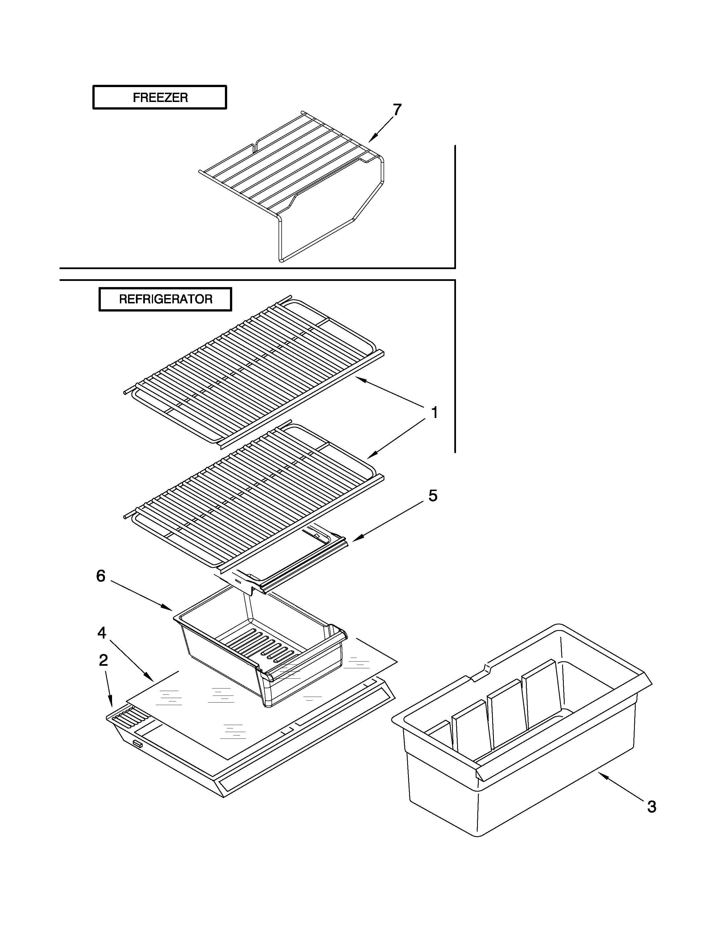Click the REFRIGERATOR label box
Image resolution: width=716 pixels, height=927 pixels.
tap(165, 299)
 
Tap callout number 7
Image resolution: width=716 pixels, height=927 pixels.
tap(396, 110)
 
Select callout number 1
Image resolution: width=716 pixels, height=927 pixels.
tap(434, 413)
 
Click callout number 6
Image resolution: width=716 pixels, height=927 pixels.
tap(101, 576)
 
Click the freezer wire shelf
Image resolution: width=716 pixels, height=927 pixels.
tap(293, 170)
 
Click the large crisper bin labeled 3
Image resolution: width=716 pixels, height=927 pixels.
tap(522, 785)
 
